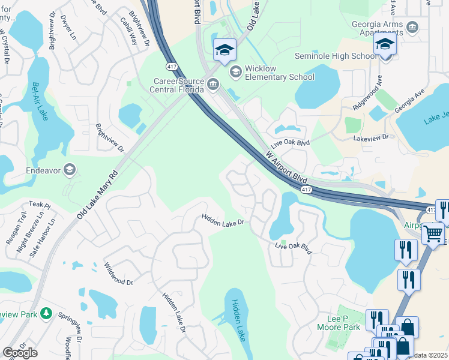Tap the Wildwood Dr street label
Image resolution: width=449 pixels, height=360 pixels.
click(x=118, y=273)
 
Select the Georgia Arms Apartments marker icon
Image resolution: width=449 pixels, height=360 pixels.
click(x=412, y=27)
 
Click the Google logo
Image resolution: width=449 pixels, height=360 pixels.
click(x=20, y=353)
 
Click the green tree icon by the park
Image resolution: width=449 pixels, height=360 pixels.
click(x=46, y=314)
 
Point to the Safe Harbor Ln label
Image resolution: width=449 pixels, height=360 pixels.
click(x=42, y=238)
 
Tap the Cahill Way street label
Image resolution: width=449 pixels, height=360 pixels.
click(x=128, y=27)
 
